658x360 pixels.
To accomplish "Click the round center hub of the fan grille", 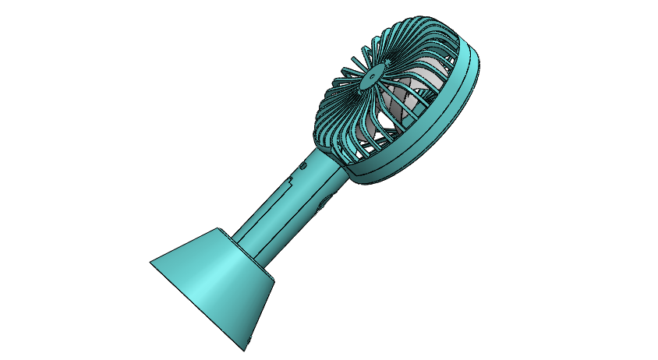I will coord(372,76).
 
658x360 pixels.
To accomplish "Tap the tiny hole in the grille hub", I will coord(372,76).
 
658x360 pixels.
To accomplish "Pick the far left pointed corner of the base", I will coord(150,259).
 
